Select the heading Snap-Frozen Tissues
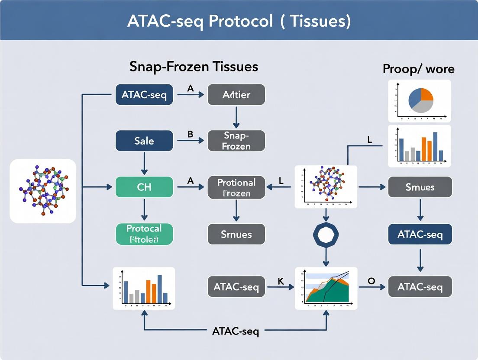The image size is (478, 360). (194, 67)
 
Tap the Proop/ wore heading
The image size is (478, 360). (418, 69)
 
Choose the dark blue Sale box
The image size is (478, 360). (144, 141)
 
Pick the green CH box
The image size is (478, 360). (144, 187)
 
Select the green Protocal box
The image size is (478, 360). (144, 234)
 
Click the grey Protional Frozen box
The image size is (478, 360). (236, 187)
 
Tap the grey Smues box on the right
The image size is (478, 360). (420, 187)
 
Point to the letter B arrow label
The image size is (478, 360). (190, 134)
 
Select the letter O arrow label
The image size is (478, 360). (371, 281)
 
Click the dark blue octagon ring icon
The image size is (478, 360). (326, 235)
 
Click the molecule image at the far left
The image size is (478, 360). (43, 191)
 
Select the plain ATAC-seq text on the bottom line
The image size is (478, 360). (236, 331)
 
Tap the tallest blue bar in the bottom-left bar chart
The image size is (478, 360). (159, 289)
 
